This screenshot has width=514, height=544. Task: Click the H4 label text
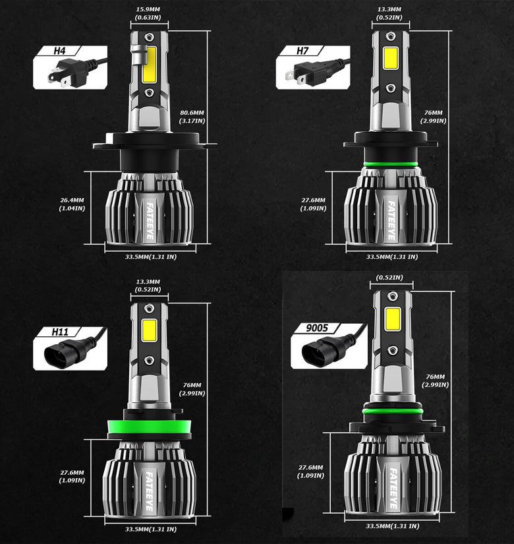(59, 51)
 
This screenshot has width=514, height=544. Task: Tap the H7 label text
(302, 51)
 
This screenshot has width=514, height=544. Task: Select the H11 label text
(60, 332)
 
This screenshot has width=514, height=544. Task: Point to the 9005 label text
(317, 328)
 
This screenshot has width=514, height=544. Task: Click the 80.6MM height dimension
(192, 117)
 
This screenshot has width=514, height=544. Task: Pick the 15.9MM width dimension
(148, 14)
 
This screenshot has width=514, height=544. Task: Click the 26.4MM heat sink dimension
(72, 204)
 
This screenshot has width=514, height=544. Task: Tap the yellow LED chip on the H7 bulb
(391, 58)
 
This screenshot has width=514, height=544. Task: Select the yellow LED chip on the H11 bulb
(149, 330)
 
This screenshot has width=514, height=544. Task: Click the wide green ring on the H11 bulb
(150, 427)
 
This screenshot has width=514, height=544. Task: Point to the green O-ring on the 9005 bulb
(393, 411)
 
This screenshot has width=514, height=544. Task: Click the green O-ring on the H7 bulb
(391, 164)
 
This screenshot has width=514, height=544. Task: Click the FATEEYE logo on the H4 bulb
(150, 221)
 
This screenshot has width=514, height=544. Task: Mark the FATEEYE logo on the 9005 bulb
(393, 489)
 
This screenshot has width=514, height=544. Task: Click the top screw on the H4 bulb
(149, 36)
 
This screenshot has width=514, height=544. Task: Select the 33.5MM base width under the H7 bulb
(392, 257)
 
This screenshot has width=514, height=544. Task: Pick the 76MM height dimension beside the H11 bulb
(192, 389)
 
